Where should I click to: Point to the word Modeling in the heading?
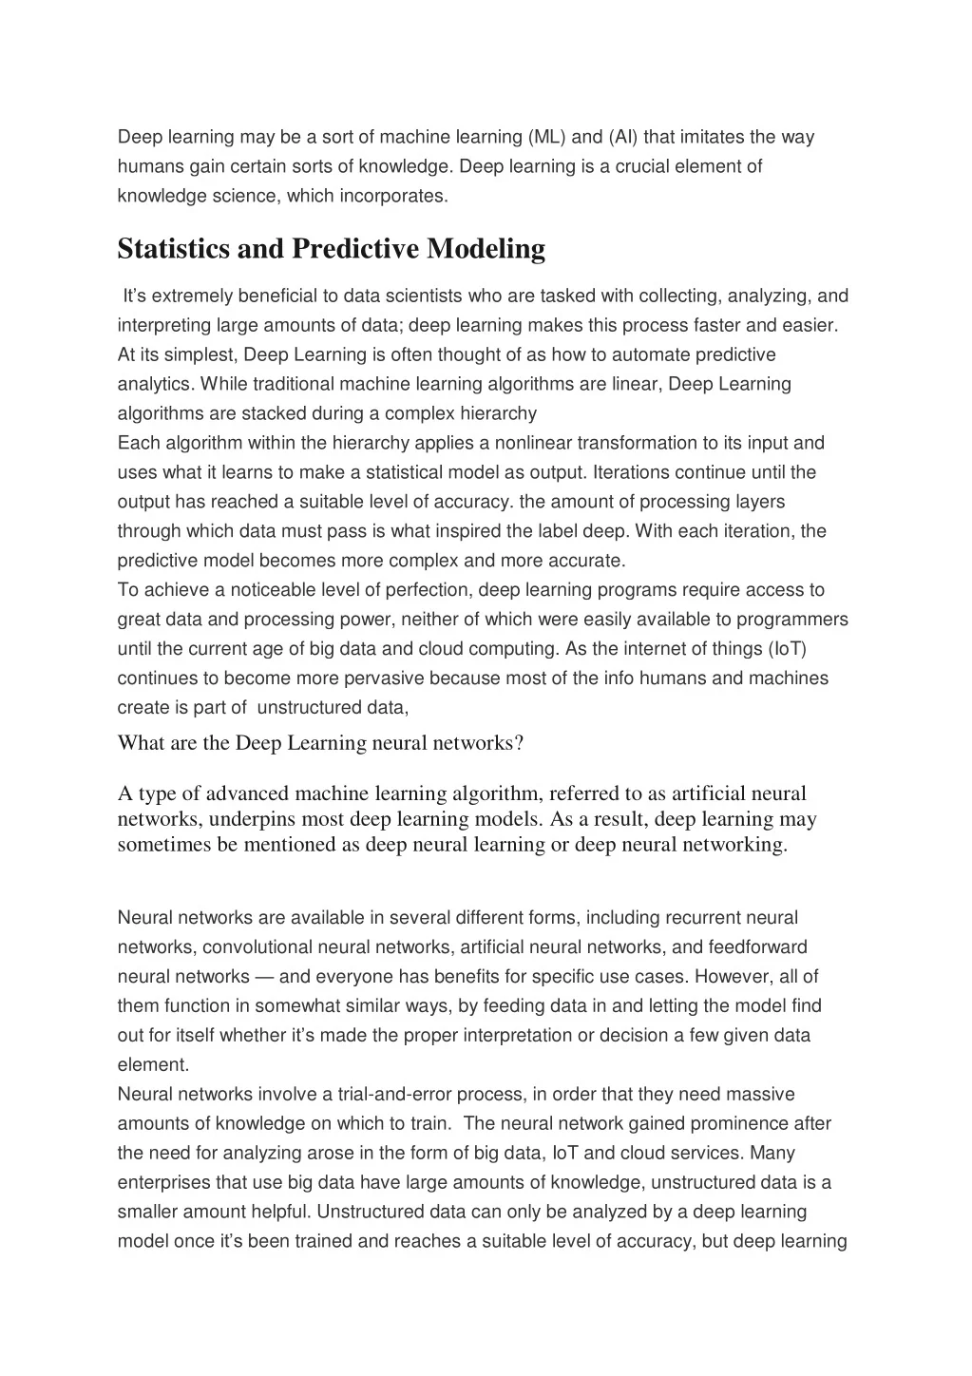point(486,249)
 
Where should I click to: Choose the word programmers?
point(792,620)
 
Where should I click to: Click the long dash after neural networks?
point(265,977)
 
